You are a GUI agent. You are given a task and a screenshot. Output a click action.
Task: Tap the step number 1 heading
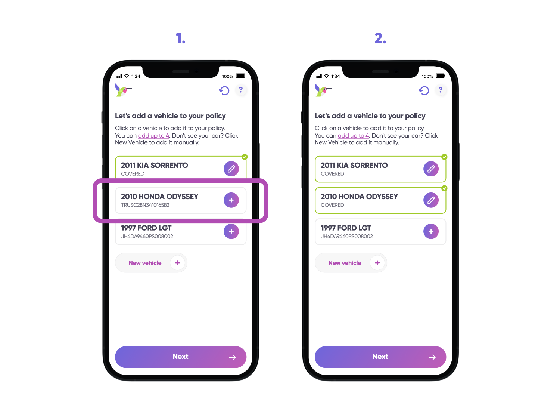click(181, 38)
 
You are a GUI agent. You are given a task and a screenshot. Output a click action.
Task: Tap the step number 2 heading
click(380, 38)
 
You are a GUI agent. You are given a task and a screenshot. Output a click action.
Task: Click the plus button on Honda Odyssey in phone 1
click(231, 200)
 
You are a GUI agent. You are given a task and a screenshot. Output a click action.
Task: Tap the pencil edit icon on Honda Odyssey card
click(431, 200)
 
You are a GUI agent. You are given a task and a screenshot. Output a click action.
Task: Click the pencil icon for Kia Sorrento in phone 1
click(231, 169)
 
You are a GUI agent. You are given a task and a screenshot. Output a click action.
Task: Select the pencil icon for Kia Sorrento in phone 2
click(431, 169)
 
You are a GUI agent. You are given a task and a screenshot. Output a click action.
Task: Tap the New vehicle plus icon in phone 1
click(178, 263)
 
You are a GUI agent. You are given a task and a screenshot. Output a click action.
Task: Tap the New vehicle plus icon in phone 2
click(377, 263)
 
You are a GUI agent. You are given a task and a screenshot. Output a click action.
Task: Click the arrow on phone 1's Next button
click(232, 357)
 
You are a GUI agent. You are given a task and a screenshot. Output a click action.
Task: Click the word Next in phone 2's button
click(380, 357)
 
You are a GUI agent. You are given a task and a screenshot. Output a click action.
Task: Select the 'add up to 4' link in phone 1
click(153, 136)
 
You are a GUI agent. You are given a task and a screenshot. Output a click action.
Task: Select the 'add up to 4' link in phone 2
click(353, 136)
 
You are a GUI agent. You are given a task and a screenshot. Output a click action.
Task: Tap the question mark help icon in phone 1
click(241, 90)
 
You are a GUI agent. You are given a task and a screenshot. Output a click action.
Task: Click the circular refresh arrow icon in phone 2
click(424, 90)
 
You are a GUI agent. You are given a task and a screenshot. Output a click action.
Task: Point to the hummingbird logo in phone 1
click(123, 90)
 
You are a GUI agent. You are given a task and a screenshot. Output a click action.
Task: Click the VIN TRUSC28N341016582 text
click(145, 205)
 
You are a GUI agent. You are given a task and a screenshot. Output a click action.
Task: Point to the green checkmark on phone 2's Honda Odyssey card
click(444, 188)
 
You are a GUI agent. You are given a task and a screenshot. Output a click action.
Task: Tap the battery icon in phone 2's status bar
click(441, 76)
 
